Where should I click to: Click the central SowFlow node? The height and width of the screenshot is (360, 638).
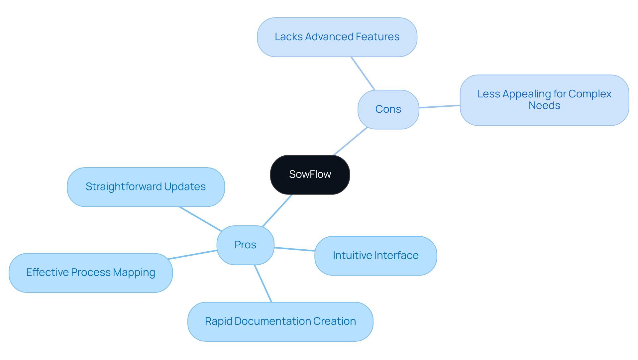pos(310,175)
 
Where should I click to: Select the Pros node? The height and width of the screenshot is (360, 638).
pos(245,245)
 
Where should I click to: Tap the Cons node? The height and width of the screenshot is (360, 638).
pos(388,109)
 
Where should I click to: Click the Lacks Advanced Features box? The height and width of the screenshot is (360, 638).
pos(337,37)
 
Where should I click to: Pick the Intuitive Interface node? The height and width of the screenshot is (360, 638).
pos(375,256)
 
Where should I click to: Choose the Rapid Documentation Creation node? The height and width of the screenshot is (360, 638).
pos(280,321)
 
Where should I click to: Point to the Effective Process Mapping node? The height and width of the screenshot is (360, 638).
pos(90,273)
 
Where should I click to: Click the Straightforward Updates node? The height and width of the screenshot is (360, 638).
pos(146,187)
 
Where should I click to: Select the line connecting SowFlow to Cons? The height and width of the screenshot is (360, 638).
pos(351,141)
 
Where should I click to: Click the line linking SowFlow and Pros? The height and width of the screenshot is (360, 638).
pos(277,210)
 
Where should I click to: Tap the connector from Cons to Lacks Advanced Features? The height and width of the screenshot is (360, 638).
pos(363,73)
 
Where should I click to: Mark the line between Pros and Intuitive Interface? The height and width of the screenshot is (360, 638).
pos(294,249)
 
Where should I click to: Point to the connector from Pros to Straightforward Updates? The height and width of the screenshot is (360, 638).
pos(200,219)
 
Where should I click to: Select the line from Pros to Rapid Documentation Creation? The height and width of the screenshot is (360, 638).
pos(263,284)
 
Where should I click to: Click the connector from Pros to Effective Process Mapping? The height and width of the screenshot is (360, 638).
pos(192,255)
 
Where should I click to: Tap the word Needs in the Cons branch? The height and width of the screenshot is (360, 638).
pos(544,106)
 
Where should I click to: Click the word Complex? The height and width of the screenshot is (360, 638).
pos(590,94)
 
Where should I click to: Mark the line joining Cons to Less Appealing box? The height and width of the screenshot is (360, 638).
pos(439,106)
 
